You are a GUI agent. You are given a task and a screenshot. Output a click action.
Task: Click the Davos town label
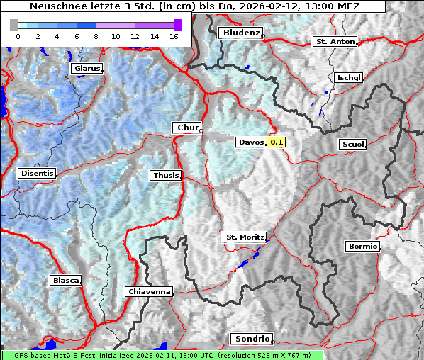(x=251, y=142)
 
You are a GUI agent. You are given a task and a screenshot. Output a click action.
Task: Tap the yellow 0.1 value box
(x=277, y=142)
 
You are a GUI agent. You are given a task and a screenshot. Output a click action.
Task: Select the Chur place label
(x=188, y=128)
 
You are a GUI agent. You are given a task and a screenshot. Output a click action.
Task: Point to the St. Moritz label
(x=244, y=237)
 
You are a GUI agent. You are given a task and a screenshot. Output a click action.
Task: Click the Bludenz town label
(x=240, y=33)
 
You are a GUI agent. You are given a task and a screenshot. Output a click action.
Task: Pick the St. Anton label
(x=334, y=42)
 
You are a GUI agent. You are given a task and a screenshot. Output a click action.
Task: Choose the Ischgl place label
(x=350, y=77)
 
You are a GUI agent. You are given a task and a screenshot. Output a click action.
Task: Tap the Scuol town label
(x=352, y=144)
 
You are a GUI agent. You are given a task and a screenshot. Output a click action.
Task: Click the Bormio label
(x=362, y=247)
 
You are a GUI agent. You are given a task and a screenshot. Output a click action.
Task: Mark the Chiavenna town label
(x=149, y=291)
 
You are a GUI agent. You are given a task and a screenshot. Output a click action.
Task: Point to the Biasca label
(x=65, y=281)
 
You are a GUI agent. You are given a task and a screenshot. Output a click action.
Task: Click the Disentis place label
(x=37, y=173)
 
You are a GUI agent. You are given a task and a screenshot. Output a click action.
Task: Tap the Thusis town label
(x=165, y=175)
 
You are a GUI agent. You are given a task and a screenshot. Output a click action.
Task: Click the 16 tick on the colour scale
(x=174, y=36)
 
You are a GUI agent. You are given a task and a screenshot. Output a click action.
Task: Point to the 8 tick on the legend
(x=96, y=36)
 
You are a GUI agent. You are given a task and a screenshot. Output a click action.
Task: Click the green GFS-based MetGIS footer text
(x=162, y=355)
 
